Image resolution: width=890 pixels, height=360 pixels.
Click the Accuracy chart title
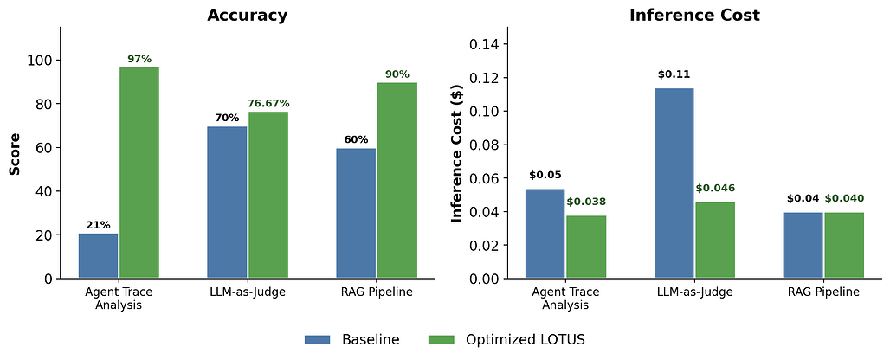(x=248, y=16)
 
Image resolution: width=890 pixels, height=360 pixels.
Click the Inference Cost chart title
(x=694, y=16)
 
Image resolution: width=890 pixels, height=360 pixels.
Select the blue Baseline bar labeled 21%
(x=98, y=256)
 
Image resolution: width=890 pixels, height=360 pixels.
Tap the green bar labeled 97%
(x=139, y=173)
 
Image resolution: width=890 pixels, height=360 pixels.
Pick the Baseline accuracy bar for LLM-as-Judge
(x=227, y=202)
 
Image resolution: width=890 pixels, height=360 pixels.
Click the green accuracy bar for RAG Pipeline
(x=397, y=181)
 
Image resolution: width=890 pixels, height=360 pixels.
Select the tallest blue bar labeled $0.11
(x=674, y=183)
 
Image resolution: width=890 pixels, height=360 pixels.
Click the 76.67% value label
(x=268, y=103)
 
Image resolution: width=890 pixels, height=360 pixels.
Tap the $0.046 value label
(x=715, y=188)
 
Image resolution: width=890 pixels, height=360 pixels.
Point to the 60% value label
(x=356, y=139)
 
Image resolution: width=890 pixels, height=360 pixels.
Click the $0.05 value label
(x=545, y=175)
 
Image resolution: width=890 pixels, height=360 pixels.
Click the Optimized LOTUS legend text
(x=526, y=339)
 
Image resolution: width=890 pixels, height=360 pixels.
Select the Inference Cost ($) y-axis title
(x=456, y=153)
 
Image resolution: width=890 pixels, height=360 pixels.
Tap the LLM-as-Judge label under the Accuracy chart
(x=248, y=292)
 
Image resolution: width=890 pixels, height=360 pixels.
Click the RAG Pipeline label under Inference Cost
(x=823, y=292)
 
